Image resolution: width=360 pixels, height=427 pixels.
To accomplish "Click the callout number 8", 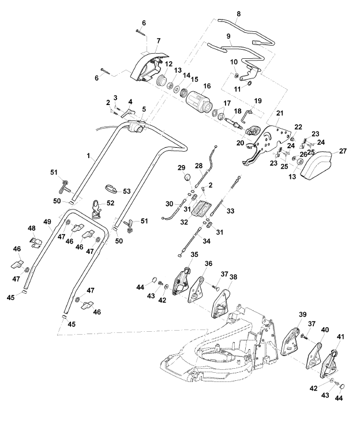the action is coord(239,14).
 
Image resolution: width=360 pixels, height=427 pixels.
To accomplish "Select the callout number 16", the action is coord(207,86).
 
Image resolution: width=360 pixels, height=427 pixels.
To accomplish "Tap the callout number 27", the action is coord(343,151).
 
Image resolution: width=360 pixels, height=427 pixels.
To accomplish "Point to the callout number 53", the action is coord(127,191).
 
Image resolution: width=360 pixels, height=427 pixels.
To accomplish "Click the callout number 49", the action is coord(47,222).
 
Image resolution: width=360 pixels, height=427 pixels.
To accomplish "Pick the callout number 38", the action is coord(234,277).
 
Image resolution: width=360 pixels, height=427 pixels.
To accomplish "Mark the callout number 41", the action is coord(340,337).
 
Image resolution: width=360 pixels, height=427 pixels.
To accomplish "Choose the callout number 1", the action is coord(88,156).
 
